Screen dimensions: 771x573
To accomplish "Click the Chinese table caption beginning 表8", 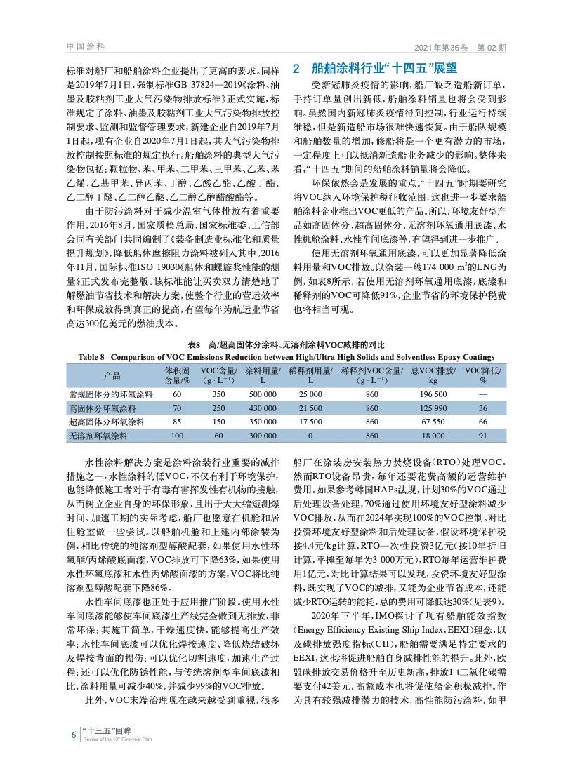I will coord(286,345).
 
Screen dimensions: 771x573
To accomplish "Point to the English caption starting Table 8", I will coord(286,356).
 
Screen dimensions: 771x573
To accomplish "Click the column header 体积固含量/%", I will coord(177,375).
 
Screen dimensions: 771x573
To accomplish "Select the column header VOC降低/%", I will coord(482,375).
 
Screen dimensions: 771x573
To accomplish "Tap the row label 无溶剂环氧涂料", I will coord(98,436).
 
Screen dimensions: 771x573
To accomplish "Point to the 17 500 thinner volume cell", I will coord(310,422).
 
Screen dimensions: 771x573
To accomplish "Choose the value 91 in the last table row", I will coord(482,436).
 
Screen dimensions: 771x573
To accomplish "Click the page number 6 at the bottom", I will coord(73,735).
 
